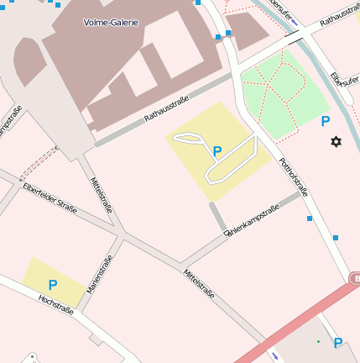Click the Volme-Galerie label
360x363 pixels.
click(x=112, y=22)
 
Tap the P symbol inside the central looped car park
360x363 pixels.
click(x=217, y=151)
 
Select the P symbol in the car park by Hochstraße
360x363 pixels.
click(x=52, y=285)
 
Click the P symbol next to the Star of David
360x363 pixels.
click(x=326, y=121)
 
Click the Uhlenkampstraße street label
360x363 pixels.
click(x=251, y=223)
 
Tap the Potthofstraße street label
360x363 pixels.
click(x=294, y=176)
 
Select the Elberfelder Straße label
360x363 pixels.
click(x=50, y=198)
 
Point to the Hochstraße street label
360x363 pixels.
click(x=56, y=304)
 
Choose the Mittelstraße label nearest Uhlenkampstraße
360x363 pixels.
click(x=199, y=283)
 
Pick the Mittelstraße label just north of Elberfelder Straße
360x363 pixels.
click(x=102, y=196)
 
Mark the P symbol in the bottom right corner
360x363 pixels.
click(x=338, y=343)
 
